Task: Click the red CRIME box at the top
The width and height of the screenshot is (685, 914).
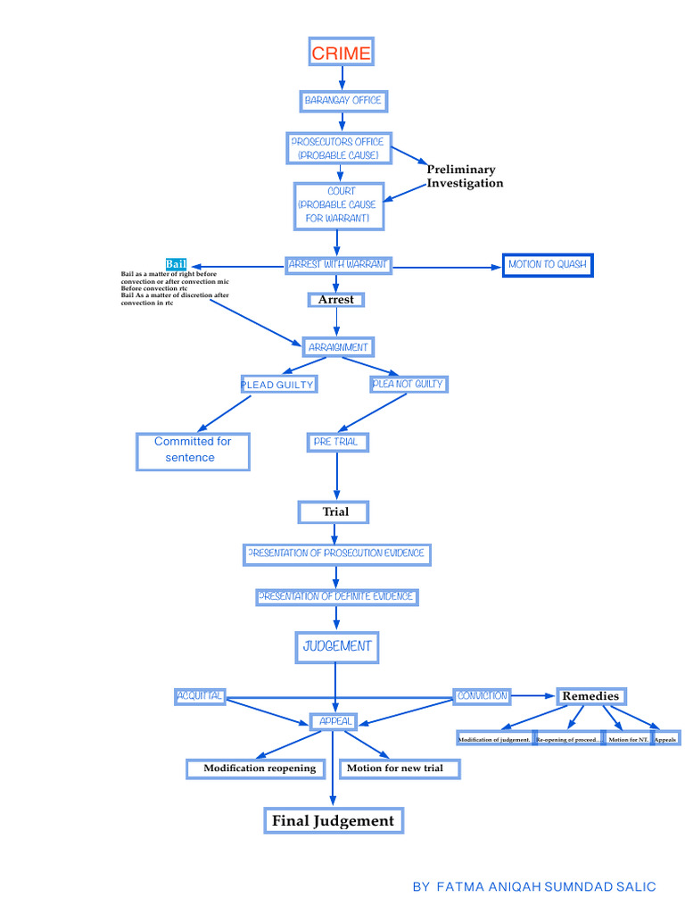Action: [341, 53]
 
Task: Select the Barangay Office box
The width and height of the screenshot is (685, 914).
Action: [342, 101]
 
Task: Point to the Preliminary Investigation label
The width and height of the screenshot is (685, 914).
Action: [464, 176]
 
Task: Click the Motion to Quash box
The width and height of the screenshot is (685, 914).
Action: [548, 265]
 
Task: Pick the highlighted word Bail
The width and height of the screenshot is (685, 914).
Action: [176, 264]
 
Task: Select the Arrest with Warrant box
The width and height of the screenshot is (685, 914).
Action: [339, 265]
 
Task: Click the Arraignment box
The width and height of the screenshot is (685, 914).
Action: [337, 347]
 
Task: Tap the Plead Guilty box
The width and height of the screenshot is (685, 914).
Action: [277, 385]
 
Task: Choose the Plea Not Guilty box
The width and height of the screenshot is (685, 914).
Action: [408, 384]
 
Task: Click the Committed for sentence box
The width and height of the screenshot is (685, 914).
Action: [193, 450]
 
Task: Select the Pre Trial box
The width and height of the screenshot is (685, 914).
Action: [337, 442]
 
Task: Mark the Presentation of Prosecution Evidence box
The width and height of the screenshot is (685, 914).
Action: [337, 554]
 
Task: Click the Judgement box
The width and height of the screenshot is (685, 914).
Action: [337, 646]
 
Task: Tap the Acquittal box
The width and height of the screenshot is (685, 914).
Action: [200, 696]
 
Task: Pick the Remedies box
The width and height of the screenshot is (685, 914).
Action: [590, 696]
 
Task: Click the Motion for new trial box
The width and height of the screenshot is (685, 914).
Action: [400, 769]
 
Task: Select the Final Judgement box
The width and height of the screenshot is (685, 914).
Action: [333, 820]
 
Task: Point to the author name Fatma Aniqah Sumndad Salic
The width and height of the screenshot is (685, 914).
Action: [534, 886]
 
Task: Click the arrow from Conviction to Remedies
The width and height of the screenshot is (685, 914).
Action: [533, 695]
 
